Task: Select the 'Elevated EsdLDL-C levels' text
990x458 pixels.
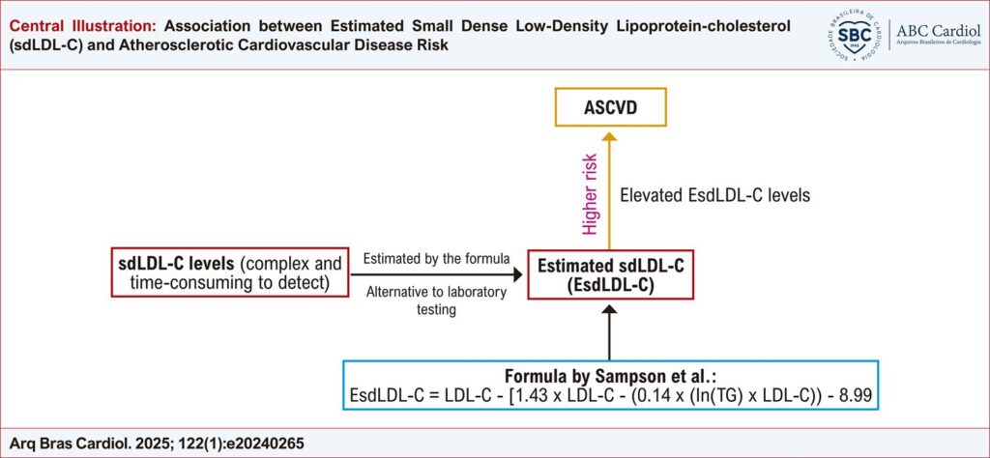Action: pos(714,195)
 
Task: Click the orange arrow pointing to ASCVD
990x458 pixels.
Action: pos(609,191)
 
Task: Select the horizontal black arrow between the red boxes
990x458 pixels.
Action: pos(437,274)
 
